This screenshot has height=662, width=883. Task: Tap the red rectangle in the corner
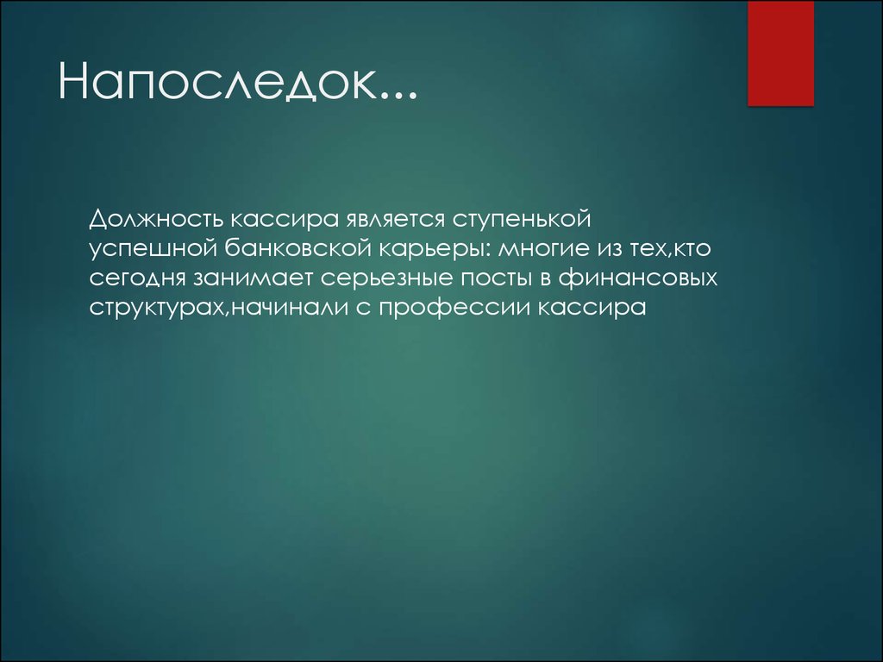pyautogui.click(x=780, y=53)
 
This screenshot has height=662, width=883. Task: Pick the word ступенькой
pyautogui.click(x=522, y=220)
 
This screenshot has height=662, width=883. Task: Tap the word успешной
pyautogui.click(x=153, y=249)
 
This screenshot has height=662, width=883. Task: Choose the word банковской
pyautogui.click(x=297, y=248)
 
